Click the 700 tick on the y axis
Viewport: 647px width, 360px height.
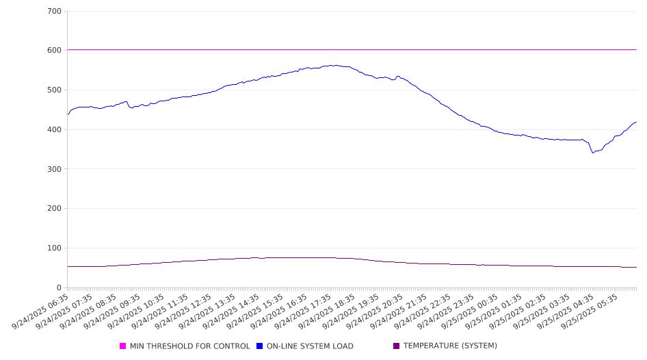coord(55,12)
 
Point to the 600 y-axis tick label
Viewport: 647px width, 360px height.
coord(55,51)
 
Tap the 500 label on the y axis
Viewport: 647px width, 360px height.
coord(55,90)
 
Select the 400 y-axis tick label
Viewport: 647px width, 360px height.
coord(55,130)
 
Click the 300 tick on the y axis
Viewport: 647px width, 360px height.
coord(55,169)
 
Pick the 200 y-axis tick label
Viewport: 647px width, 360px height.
coord(55,209)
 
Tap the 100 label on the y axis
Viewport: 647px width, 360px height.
coord(55,248)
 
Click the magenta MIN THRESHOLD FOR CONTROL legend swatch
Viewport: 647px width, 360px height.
coord(123,346)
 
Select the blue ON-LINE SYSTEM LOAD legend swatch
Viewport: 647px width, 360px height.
coord(260,346)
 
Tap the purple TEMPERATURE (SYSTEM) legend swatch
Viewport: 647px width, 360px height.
coord(397,346)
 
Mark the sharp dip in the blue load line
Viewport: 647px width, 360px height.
coord(593,152)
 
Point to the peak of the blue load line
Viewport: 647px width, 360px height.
coord(332,66)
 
